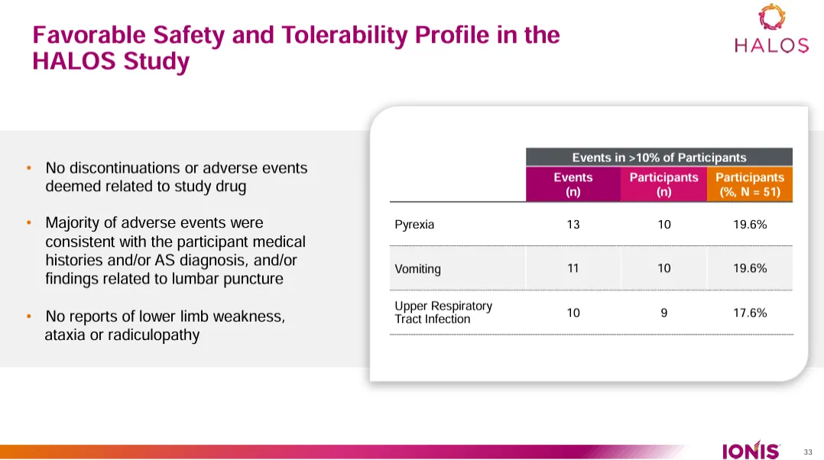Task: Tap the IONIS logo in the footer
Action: (751, 450)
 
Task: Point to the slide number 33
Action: (808, 451)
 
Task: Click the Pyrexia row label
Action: (414, 225)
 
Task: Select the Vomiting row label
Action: (417, 269)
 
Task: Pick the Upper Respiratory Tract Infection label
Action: (443, 313)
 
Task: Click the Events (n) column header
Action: (573, 184)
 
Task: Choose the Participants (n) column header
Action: (663, 184)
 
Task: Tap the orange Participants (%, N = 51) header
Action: (749, 184)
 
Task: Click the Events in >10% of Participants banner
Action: (659, 157)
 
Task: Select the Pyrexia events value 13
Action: (573, 225)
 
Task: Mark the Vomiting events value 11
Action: (573, 268)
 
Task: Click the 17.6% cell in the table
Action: (749, 313)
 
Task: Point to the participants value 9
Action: (663, 313)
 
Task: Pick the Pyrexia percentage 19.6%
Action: (749, 225)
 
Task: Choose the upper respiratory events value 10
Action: (573, 313)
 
